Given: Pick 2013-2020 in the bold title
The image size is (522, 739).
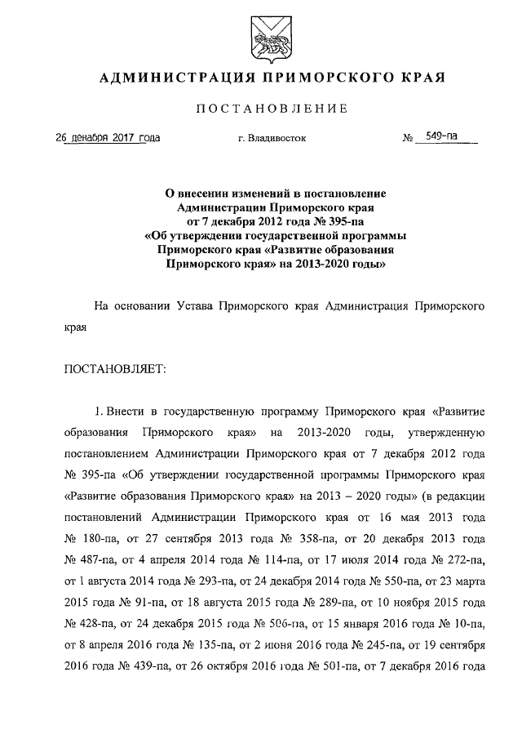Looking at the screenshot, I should point(325,265).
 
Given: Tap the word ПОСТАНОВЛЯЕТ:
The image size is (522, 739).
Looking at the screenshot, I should point(115,369).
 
